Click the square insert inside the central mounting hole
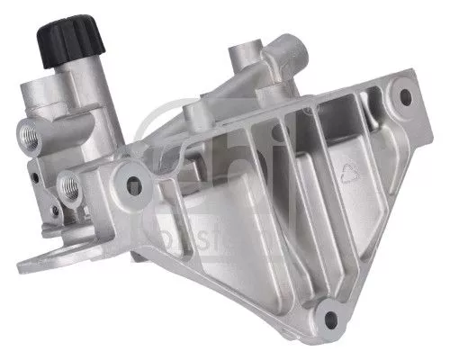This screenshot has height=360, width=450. click(135, 186)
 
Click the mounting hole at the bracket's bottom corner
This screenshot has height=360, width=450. click(333, 316)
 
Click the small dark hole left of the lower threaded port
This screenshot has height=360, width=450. click(34, 177)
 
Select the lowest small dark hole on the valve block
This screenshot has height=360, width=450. click(55, 211)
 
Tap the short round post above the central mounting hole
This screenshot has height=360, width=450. click(194, 114)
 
